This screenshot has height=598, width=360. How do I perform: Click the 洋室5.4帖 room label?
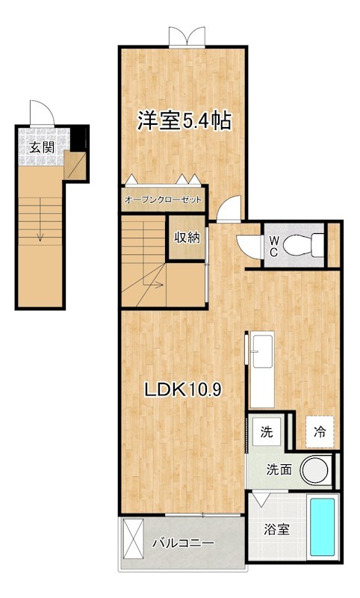(x=184, y=121)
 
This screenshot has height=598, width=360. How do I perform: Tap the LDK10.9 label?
(x=183, y=389)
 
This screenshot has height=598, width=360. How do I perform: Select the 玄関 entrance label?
(x=42, y=147)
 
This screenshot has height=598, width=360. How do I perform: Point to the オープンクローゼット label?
(x=163, y=200)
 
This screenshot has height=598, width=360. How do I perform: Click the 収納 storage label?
(x=187, y=238)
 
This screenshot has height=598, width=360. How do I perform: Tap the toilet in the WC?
(x=304, y=243)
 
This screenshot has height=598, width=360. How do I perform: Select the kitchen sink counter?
(x=261, y=369)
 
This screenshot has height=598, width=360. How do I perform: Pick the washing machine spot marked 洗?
(x=267, y=432)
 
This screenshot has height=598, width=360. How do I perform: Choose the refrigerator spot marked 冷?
(x=320, y=432)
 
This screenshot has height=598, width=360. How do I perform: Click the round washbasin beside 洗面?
(x=315, y=469)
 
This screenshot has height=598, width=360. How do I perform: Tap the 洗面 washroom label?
(x=279, y=470)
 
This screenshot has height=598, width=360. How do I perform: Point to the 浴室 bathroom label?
(x=276, y=529)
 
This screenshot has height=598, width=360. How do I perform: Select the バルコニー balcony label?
(x=183, y=543)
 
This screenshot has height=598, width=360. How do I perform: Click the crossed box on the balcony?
(x=134, y=537)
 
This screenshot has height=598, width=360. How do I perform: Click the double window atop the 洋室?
(x=187, y=37)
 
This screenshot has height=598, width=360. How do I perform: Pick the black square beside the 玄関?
(x=79, y=138)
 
